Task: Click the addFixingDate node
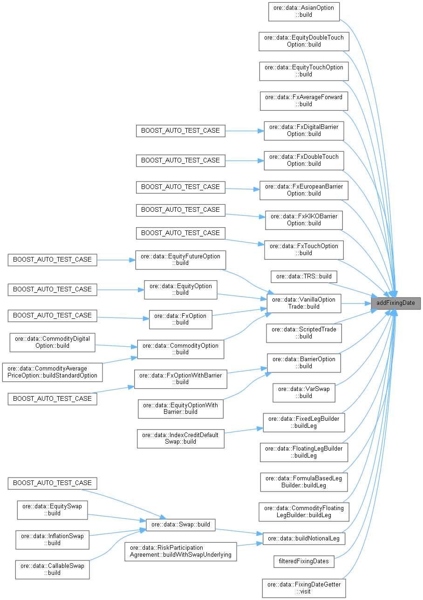pos(396,303)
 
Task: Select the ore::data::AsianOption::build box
pos(304,12)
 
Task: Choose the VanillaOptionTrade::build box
pos(304,303)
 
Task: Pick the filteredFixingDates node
pos(304,561)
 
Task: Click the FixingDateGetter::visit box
pos(304,588)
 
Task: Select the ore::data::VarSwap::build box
pos(304,392)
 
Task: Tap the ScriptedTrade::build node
pos(304,333)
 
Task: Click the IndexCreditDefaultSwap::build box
pos(181,438)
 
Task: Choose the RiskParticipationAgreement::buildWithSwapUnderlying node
pos(181,551)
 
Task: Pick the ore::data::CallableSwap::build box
pos(52,569)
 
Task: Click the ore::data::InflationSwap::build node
pos(52,539)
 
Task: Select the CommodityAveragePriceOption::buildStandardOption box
pos(52,372)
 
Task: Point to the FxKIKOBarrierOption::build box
pos(304,220)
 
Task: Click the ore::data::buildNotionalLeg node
pos(304,538)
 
